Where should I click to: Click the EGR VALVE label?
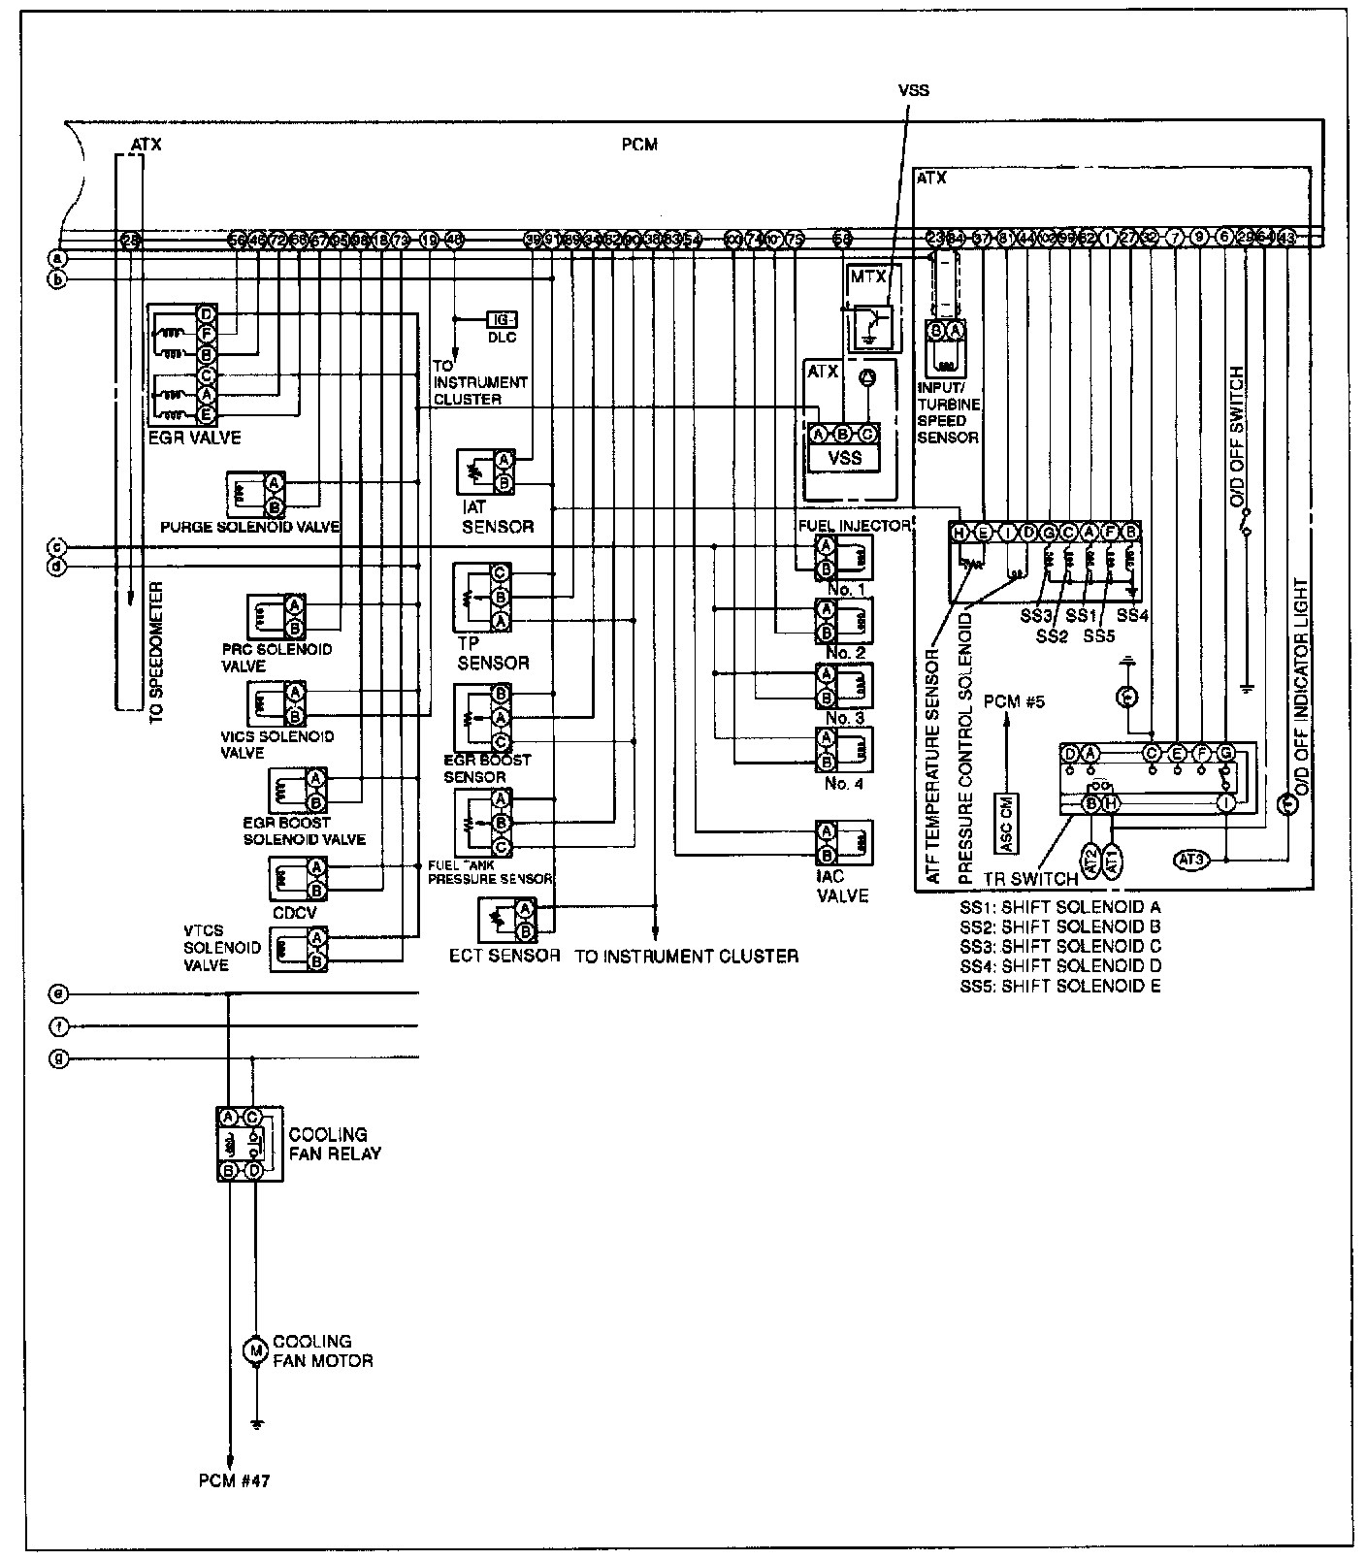194,438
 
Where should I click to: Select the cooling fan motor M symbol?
255,1350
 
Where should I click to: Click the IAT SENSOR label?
497,517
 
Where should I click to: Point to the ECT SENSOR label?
504,956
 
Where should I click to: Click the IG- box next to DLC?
503,320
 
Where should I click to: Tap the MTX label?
867,276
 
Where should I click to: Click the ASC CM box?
1006,824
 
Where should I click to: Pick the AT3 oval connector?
1192,859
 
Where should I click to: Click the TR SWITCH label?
1030,879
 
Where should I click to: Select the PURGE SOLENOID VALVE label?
249,527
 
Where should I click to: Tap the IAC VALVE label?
841,887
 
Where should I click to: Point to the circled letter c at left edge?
57,546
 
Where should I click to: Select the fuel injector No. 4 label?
842,784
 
